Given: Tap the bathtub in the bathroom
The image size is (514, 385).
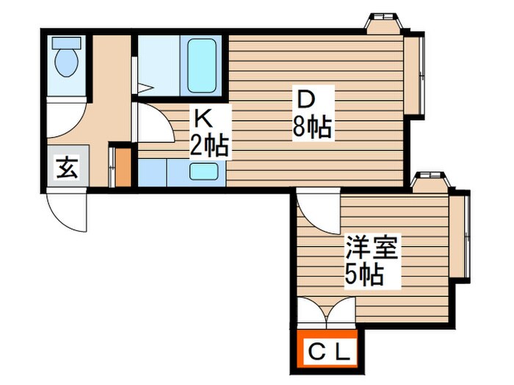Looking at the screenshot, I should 200,65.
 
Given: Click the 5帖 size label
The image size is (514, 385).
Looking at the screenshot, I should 364,276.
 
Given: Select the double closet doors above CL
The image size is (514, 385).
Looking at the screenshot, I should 327,313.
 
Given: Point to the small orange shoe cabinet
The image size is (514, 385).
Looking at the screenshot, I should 123,167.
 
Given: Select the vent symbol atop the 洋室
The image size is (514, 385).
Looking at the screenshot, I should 429,180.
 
